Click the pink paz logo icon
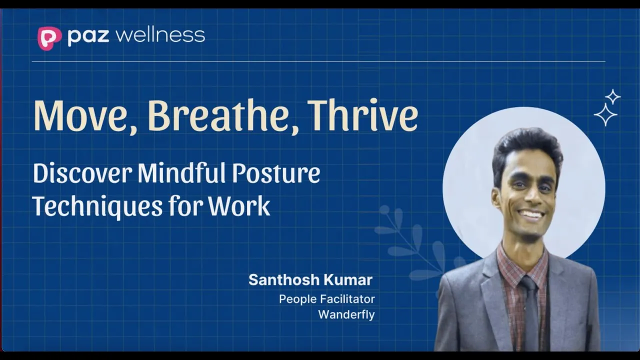click(x=49, y=38)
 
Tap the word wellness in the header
click(x=161, y=35)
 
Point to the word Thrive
click(x=362, y=115)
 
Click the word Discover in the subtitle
click(x=82, y=173)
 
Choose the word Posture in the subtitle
click(x=276, y=173)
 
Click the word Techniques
click(x=97, y=206)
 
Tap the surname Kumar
click(x=347, y=279)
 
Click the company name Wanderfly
click(x=346, y=314)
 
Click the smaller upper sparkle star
click(x=613, y=97)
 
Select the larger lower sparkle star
click(x=605, y=114)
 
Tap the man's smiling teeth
click(x=532, y=213)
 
